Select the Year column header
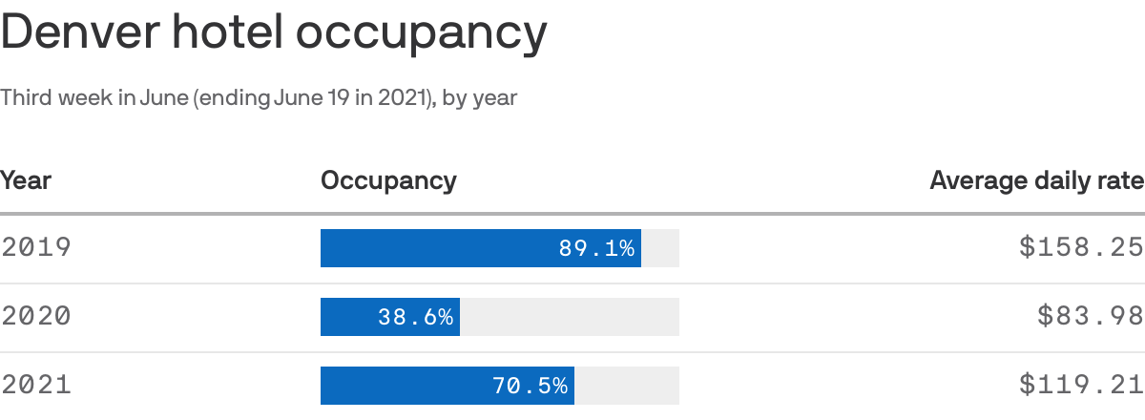pyautogui.click(x=26, y=179)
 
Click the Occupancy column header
pyautogui.click(x=388, y=180)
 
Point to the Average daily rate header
pyautogui.click(x=1036, y=180)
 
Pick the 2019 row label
pyautogui.click(x=36, y=248)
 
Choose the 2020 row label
pyautogui.click(x=36, y=317)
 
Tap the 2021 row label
pyautogui.click(x=36, y=386)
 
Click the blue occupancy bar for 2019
pyautogui.click(x=439, y=248)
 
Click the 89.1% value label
pyautogui.click(x=596, y=248)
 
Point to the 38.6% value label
pyautogui.click(x=415, y=317)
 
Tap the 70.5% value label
pyautogui.click(x=530, y=386)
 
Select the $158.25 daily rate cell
pyautogui.click(x=1081, y=248)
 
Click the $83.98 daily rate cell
pyautogui.click(x=1091, y=317)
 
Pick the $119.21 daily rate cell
pyautogui.click(x=1081, y=386)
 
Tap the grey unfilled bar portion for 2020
pyautogui.click(x=569, y=317)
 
